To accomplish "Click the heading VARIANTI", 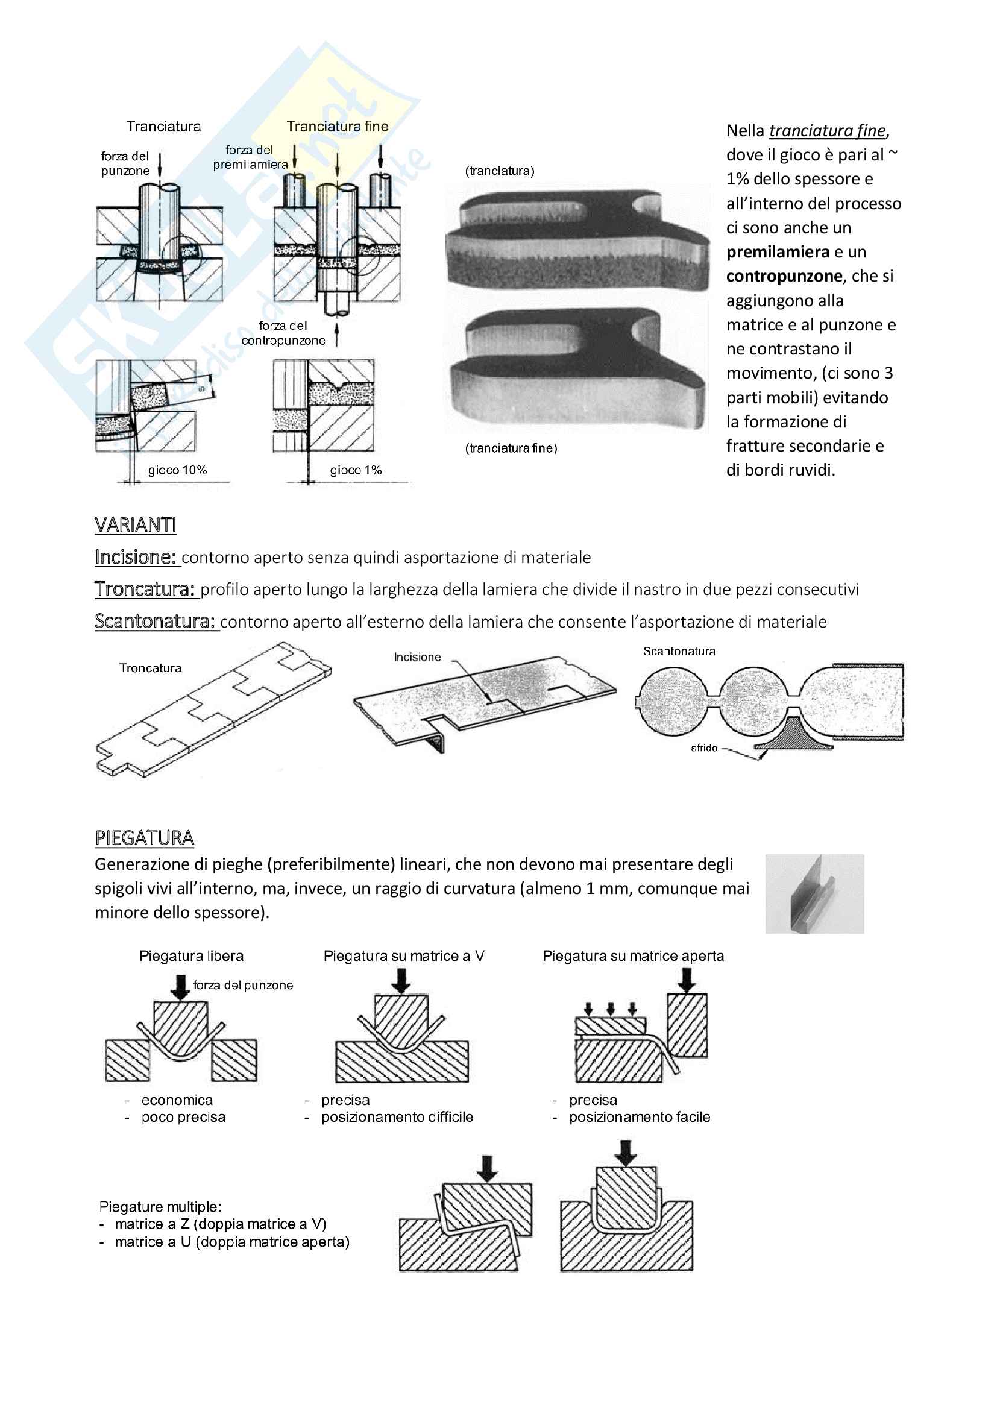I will (x=135, y=525).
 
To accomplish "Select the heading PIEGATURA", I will (x=144, y=838).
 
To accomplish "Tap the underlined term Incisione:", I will (x=136, y=557).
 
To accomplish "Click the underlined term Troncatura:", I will (x=145, y=589).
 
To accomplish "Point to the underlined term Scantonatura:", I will (x=156, y=622).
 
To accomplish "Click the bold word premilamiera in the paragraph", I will (x=778, y=252).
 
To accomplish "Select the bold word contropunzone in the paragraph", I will (x=784, y=276).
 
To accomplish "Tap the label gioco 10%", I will (x=177, y=470).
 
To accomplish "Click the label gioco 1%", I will (x=356, y=470).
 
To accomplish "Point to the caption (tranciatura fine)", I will (x=511, y=448).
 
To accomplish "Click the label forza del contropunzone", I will (x=283, y=333).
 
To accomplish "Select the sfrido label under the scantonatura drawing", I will (x=704, y=748).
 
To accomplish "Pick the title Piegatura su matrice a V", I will (x=403, y=956).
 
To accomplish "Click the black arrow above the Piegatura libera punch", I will (x=180, y=987).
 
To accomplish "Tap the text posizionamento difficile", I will (x=397, y=1117).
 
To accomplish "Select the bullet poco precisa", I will (x=183, y=1117).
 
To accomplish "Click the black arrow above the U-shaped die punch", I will (x=626, y=1153).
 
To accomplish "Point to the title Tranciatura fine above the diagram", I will (x=337, y=127).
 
